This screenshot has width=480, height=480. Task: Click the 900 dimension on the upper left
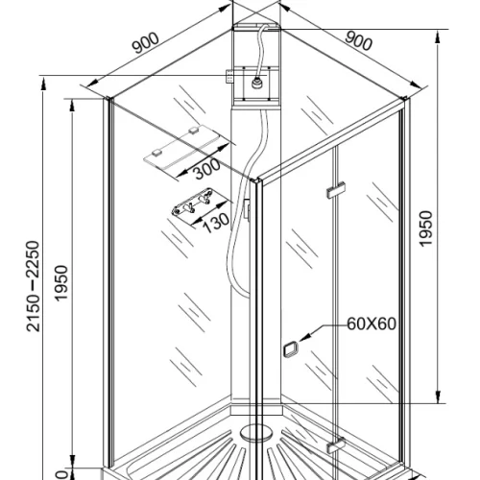pos(146,43)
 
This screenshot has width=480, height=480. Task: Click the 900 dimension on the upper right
pos(359,41)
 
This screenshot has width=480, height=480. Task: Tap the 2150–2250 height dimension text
pos(34,286)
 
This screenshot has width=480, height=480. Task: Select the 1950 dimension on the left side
pos(61,282)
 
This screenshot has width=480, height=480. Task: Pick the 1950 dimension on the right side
pos(426,228)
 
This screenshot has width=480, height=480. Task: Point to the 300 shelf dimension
pos(207,168)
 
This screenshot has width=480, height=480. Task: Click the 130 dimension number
pos(216,223)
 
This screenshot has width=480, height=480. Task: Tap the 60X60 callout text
pos(372,324)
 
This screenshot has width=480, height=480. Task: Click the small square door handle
pos(291,348)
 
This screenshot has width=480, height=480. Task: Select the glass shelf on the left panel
pos(187,147)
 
